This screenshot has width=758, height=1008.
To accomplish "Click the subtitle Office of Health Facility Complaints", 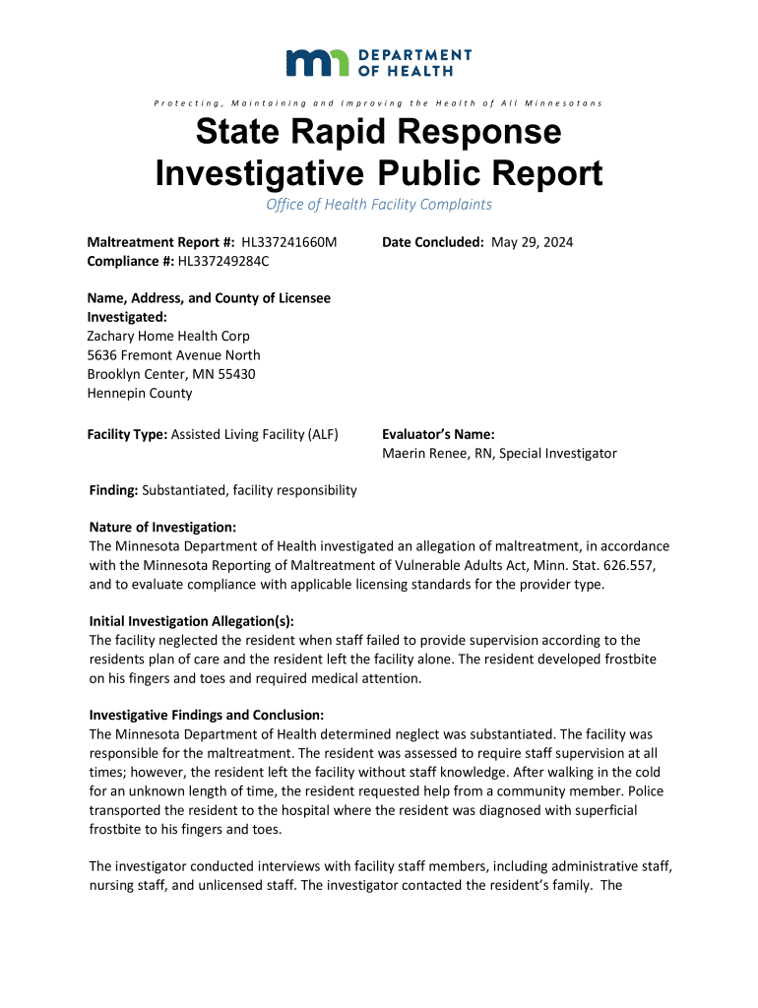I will point(379,205).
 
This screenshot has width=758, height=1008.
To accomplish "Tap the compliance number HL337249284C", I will point(223,261).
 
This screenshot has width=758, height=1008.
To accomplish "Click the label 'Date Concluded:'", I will point(433,242).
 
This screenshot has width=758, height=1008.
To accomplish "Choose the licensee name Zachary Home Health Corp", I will point(168,337).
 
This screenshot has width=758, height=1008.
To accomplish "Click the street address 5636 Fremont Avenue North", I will point(173,355).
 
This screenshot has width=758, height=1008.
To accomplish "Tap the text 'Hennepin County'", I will point(140,393).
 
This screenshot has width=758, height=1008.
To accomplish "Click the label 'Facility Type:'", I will point(127,434).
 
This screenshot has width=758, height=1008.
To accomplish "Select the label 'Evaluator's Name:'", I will point(438,434).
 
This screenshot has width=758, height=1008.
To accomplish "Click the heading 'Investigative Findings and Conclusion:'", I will point(206,715).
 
